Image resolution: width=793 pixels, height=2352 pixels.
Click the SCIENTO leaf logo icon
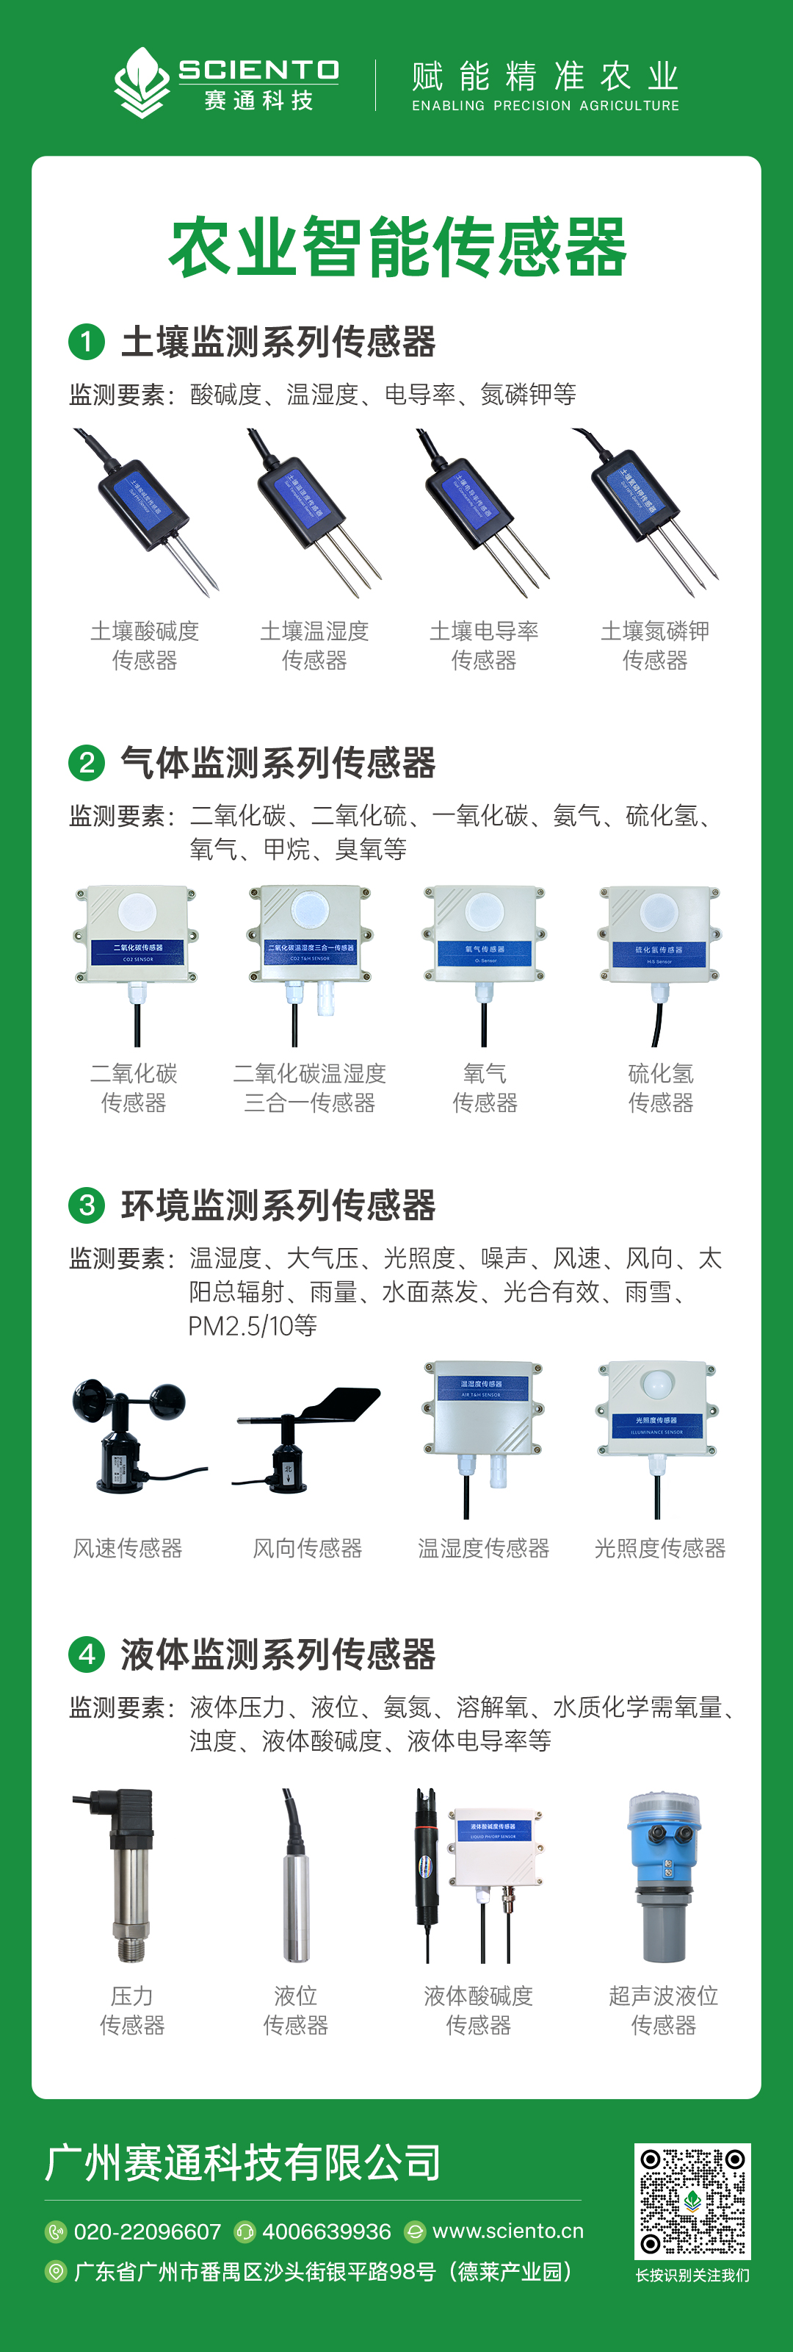[x=142, y=83]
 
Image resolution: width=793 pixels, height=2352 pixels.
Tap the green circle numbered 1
[x=87, y=342]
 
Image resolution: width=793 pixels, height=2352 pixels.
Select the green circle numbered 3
[x=87, y=1205]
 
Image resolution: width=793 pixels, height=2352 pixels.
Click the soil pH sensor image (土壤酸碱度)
[x=146, y=512]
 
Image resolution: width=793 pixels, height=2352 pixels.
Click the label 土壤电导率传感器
[x=484, y=645]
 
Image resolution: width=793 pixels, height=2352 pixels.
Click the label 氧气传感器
[x=485, y=1089]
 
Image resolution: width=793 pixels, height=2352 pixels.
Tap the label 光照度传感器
[x=660, y=1549]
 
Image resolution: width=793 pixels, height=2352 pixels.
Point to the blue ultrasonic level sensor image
[x=664, y=1876]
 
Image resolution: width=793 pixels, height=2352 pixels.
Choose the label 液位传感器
[x=296, y=2010]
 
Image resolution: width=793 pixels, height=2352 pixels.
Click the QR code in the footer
[x=692, y=2201]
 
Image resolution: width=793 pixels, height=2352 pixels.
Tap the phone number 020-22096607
[x=147, y=2231]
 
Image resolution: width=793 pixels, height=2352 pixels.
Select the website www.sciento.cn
[x=507, y=2231]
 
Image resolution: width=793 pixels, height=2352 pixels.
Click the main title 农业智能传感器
[x=397, y=248]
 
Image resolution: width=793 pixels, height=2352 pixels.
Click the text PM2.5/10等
[x=253, y=1326]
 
